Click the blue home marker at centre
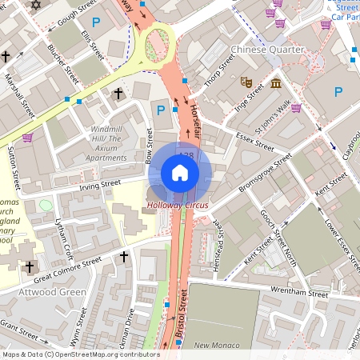point(180,173)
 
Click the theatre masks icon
point(246,82)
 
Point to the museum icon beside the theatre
point(275,83)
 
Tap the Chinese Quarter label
point(268,50)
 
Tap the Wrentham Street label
point(299,291)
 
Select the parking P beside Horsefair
point(162,110)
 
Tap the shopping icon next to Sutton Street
point(27,138)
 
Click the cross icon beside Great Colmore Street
point(124,257)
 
